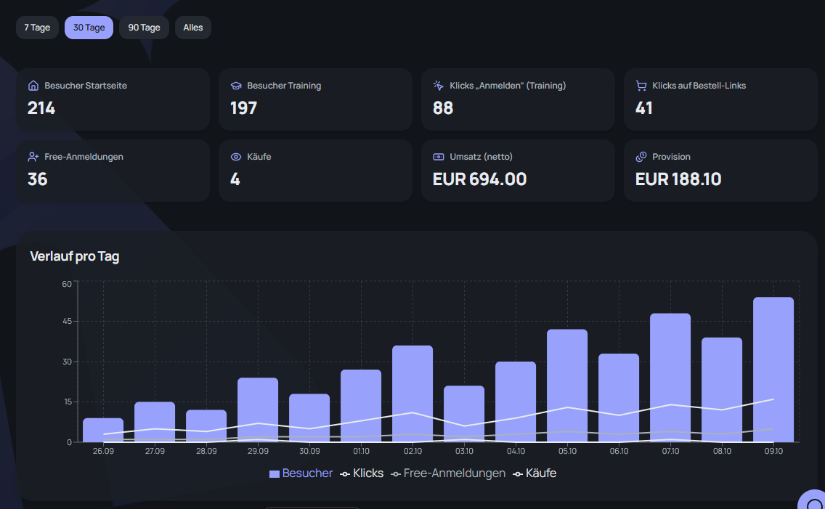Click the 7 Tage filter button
(37, 28)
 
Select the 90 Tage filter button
(145, 28)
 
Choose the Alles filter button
(193, 28)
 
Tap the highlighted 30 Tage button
(89, 28)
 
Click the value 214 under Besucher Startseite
(41, 108)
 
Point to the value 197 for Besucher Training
(243, 108)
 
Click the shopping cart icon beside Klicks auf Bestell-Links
(641, 85)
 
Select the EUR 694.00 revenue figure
(479, 179)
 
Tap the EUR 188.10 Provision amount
(678, 179)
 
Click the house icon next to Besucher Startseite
(33, 85)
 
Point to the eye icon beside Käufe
(236, 157)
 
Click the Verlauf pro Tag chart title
(75, 256)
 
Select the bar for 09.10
(773, 370)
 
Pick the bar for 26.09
(103, 430)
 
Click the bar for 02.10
(412, 394)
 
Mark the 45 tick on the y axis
(67, 321)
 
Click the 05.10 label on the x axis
(567, 451)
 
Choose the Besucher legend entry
(301, 473)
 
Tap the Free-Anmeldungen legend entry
(448, 473)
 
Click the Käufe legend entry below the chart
(535, 473)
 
